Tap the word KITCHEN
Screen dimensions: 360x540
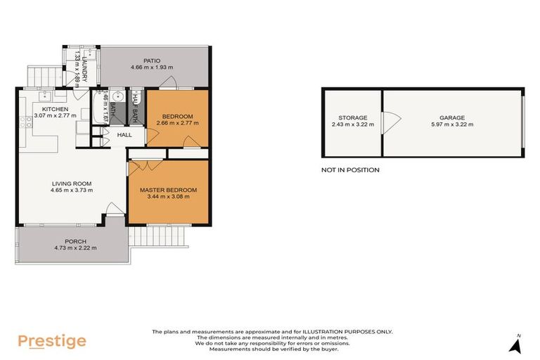pyautogui.click(x=55, y=109)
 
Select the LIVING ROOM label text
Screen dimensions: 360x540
pyautogui.click(x=71, y=184)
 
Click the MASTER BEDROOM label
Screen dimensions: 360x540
pyautogui.click(x=168, y=190)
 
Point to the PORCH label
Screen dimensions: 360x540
pyautogui.click(x=75, y=241)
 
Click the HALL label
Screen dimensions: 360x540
pyautogui.click(x=124, y=134)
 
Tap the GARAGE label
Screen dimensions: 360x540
pyautogui.click(x=453, y=117)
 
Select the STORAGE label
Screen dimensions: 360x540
pyautogui.click(x=352, y=117)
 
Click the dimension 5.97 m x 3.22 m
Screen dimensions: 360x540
pyautogui.click(x=453, y=124)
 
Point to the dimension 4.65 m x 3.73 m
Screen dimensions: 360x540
pyautogui.click(x=71, y=190)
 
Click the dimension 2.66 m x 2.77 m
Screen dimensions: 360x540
pyautogui.click(x=177, y=123)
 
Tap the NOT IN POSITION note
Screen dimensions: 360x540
pyautogui.click(x=350, y=169)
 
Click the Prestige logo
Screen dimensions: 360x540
pyautogui.click(x=52, y=342)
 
